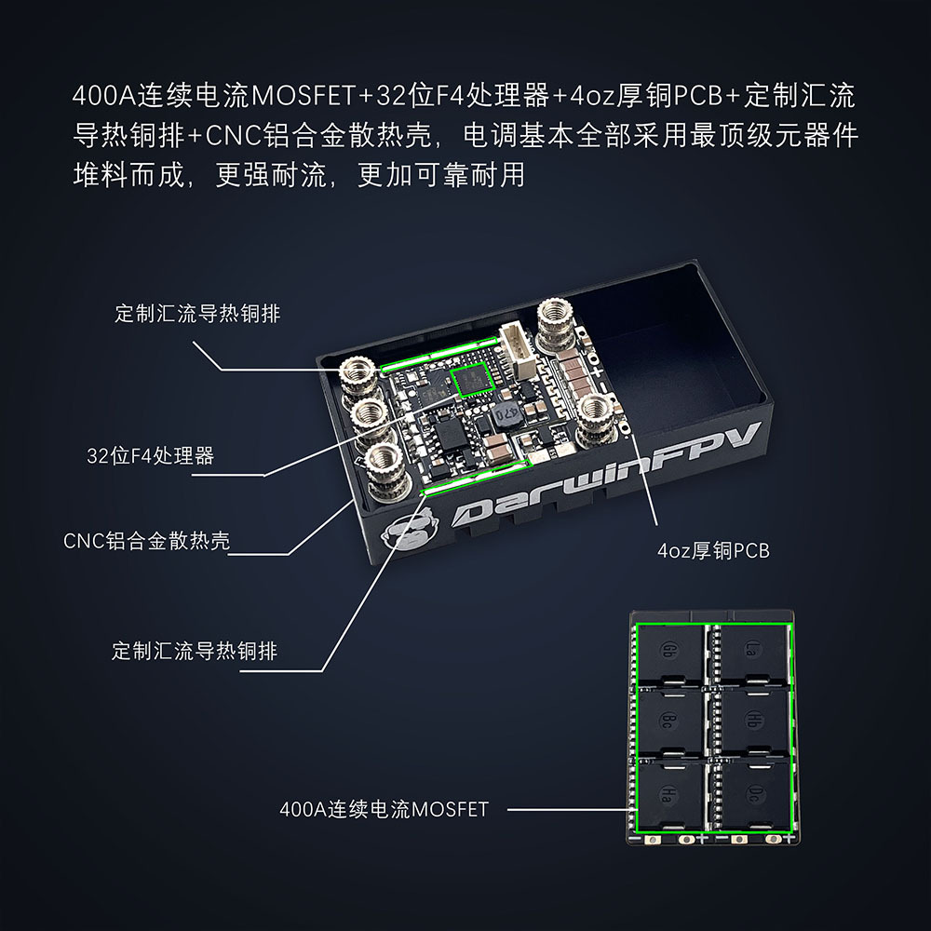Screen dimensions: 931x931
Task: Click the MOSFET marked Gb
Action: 670,654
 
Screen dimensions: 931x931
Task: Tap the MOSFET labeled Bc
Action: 670,722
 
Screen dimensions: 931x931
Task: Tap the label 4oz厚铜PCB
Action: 713,550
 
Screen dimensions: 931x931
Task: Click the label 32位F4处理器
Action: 150,456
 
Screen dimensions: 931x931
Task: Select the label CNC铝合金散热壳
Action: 147,541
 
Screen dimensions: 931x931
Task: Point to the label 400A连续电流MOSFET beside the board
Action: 385,809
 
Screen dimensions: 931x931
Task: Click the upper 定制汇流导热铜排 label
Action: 197,314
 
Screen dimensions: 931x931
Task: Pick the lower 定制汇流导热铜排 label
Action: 195,652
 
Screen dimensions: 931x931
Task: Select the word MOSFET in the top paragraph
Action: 304,96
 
